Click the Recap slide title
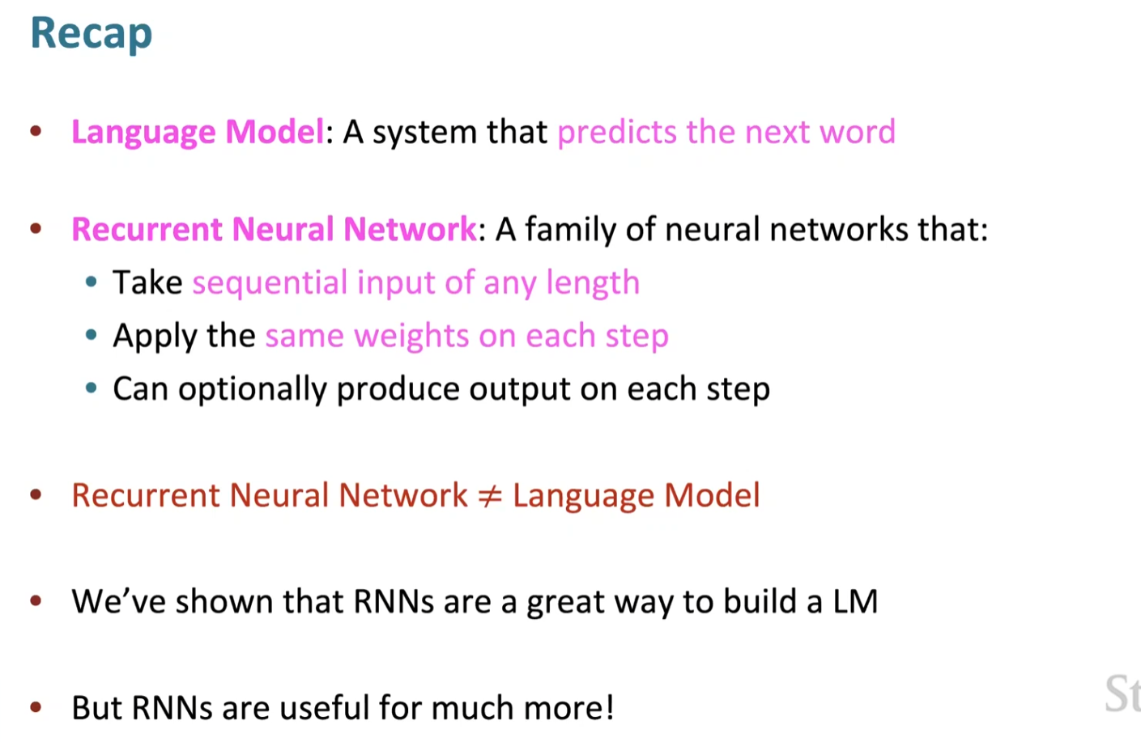tap(91, 34)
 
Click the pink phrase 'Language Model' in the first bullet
tap(198, 132)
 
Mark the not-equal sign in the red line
tap(490, 496)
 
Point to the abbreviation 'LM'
tap(855, 602)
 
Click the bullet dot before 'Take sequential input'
tap(92, 282)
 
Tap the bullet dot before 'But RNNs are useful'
tap(36, 707)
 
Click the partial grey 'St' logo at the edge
tap(1122, 693)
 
